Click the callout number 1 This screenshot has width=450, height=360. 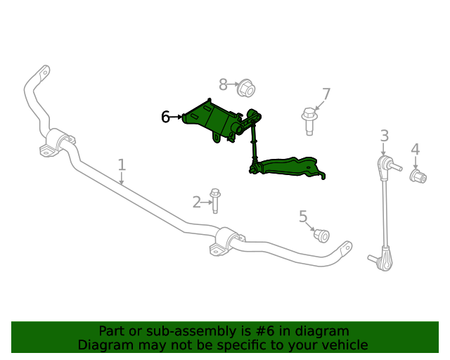[122, 165]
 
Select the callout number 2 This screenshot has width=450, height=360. [197, 202]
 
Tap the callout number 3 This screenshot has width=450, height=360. [385, 136]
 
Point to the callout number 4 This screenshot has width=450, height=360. [416, 149]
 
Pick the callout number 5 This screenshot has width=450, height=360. [303, 217]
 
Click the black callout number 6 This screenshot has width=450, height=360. [165, 117]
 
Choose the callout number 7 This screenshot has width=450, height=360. [326, 94]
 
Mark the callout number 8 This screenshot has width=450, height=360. [223, 84]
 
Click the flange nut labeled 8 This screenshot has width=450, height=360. [247, 88]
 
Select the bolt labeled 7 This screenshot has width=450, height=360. [309, 121]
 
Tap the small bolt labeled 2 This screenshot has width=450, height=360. [215, 200]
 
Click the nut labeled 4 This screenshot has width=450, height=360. [418, 176]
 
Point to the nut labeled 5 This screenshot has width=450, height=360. [321, 236]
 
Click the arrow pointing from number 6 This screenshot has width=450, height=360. [176, 117]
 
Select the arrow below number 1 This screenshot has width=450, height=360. [122, 179]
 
